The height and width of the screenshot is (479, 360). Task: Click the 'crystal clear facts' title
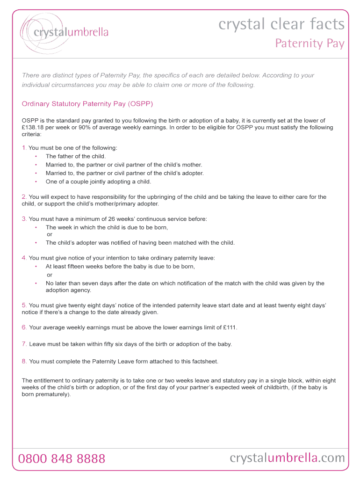point(281,24)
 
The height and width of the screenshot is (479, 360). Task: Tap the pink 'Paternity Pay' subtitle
point(310,44)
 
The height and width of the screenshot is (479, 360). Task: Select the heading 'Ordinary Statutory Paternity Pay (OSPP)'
point(87,103)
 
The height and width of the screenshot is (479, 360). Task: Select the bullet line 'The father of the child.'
point(76,156)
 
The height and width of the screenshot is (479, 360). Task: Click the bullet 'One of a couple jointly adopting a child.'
point(98,181)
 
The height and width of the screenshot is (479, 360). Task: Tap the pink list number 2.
point(24,197)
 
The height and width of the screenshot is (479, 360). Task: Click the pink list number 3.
point(24,219)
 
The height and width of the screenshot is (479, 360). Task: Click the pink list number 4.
point(24,258)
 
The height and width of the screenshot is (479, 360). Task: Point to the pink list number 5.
point(24,305)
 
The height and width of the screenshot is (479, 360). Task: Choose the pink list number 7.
point(24,344)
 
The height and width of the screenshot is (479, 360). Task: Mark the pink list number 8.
point(24,361)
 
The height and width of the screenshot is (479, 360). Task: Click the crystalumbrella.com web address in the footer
point(287,458)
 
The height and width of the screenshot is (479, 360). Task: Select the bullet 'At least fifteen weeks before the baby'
point(120,266)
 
